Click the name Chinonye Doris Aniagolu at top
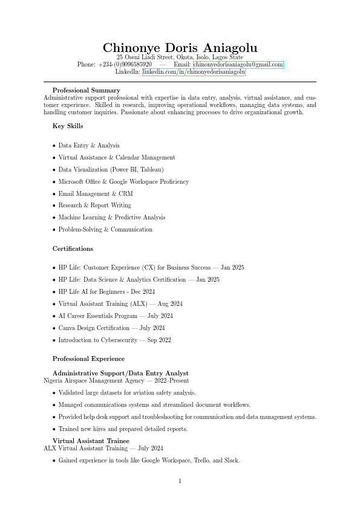click(180, 48)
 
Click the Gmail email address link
click(238, 65)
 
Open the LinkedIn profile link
click(194, 72)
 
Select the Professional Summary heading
click(86, 91)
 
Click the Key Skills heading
click(68, 126)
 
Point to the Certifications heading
click(73, 248)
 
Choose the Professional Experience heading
click(88, 358)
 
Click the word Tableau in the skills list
click(152, 170)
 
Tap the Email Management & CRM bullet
click(96, 194)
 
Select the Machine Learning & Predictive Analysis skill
click(111, 218)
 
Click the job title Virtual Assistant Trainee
click(91, 441)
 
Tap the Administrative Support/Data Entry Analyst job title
click(120, 374)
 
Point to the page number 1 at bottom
click(180, 481)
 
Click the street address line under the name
click(180, 57)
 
